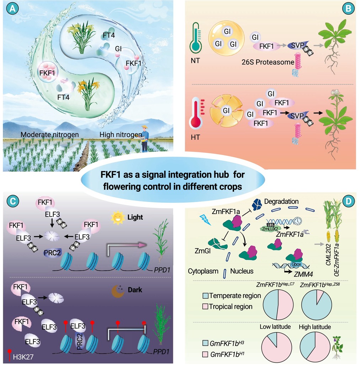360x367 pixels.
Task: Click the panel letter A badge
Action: [x=12, y=9]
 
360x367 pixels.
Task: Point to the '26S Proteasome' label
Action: [x=268, y=62]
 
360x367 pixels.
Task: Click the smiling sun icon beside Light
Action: [x=118, y=218]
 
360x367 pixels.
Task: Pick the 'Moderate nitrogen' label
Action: [x=50, y=134]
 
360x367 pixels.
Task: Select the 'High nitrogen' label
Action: [x=121, y=134]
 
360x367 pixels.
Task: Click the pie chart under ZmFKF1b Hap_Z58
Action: [x=317, y=305]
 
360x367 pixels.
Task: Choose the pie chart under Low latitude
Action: [x=276, y=347]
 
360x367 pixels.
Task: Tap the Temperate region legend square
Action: [x=205, y=296]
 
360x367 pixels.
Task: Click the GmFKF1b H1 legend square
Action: [x=205, y=354]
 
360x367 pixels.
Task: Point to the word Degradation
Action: [x=281, y=201]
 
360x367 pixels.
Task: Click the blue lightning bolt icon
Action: [x=205, y=220]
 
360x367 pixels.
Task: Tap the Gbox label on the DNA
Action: [x=296, y=264]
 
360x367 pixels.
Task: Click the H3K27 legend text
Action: [x=23, y=357]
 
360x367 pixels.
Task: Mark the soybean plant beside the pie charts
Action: [x=338, y=347]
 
